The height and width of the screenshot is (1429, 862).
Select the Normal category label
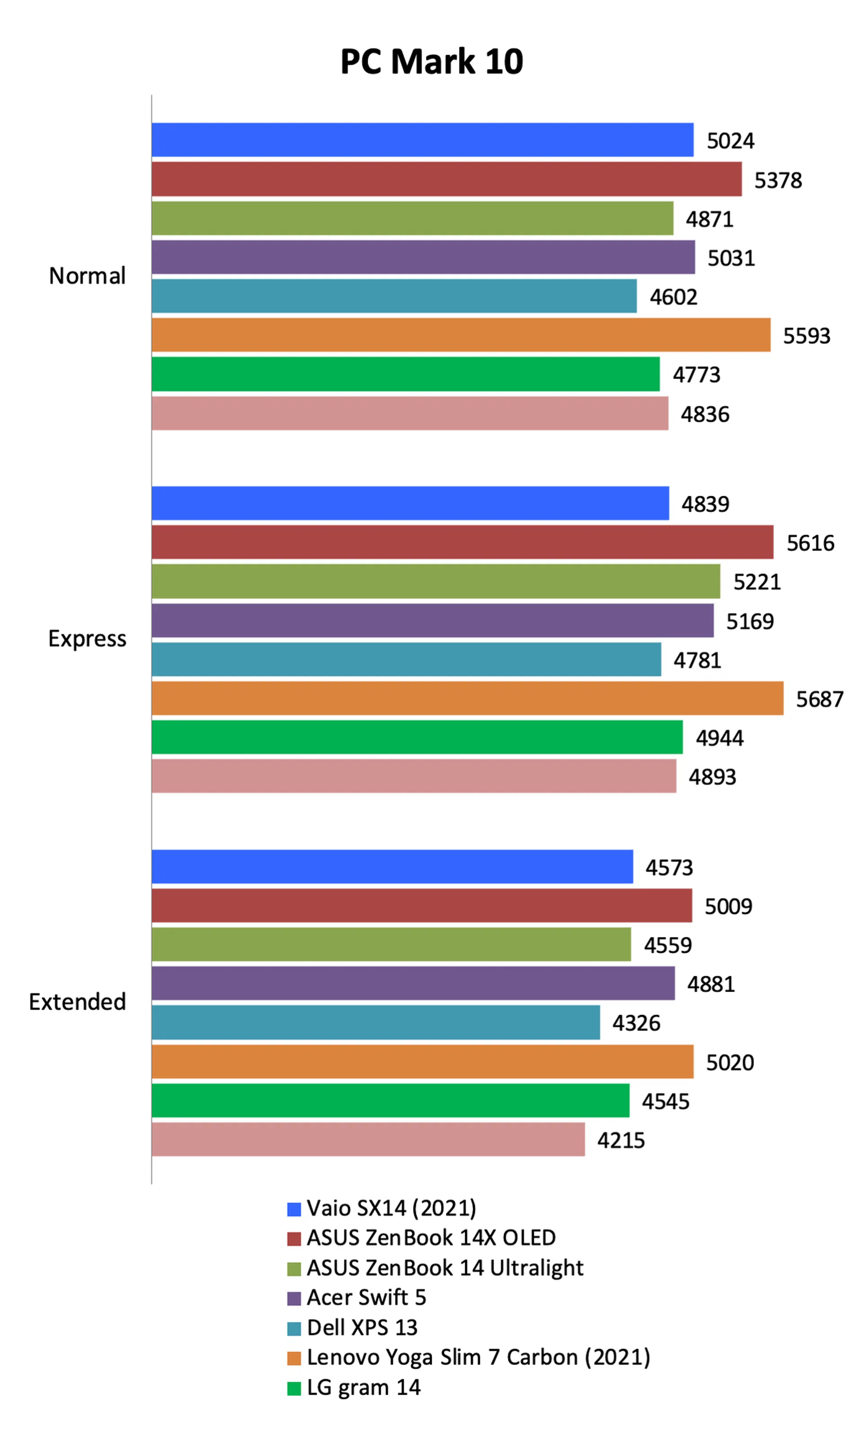(87, 276)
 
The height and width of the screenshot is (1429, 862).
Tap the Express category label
(87, 639)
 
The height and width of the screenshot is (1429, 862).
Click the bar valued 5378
(446, 179)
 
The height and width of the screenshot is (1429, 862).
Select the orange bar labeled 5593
(461, 335)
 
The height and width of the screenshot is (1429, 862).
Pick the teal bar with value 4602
(394, 296)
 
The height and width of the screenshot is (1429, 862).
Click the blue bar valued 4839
(410, 503)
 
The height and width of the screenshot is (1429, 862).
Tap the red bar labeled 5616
(462, 542)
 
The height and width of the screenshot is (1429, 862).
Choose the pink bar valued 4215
(368, 1140)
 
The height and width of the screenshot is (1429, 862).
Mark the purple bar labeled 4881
(413, 984)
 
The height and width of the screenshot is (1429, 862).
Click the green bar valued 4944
(417, 737)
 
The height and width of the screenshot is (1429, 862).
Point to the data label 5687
(819, 699)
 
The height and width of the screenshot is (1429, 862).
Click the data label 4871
(709, 219)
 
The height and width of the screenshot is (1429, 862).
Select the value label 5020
(729, 1063)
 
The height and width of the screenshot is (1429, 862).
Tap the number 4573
(669, 868)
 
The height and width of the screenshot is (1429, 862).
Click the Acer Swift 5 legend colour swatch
(294, 1298)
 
